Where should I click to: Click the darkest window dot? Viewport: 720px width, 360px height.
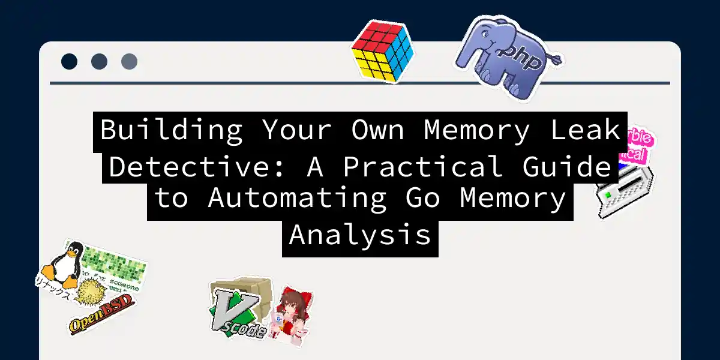pos(69,61)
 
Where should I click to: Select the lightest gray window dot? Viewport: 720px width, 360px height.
pos(129,61)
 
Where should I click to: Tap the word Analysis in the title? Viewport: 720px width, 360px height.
pos(360,234)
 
